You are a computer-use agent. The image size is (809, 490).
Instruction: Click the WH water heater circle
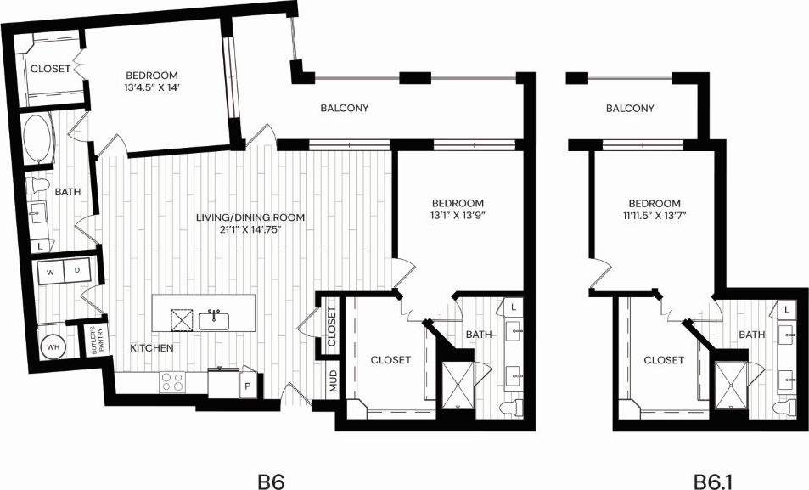point(52,347)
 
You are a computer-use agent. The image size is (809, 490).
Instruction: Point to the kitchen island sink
point(215,320)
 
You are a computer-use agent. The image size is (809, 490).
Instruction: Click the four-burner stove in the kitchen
point(174,382)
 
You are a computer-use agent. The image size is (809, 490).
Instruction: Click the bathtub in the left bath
point(37,142)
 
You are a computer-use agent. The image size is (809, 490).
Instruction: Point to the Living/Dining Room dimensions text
point(250,228)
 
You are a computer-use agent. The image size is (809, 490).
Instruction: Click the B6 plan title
point(270,481)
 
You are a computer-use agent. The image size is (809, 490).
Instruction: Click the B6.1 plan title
point(713,481)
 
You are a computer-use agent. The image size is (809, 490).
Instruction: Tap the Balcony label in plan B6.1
point(631,109)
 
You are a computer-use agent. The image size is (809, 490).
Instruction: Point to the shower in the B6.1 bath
point(731,384)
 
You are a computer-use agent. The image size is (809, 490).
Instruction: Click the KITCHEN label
point(152,348)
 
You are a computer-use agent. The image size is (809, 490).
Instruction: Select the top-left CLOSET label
point(50,70)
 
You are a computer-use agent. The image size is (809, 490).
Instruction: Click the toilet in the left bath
point(39,186)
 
